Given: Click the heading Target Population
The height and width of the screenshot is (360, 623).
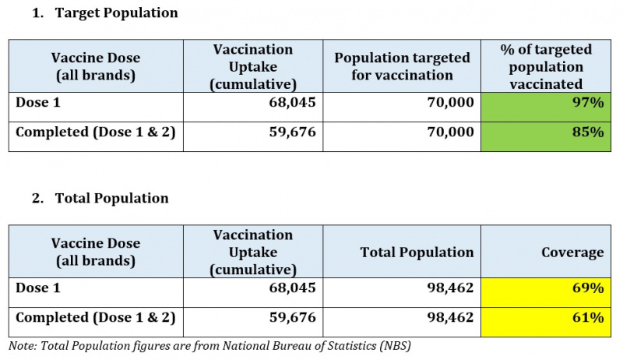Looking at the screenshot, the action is tap(116, 12).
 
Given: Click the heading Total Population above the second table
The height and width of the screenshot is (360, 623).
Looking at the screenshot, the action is tap(111, 198).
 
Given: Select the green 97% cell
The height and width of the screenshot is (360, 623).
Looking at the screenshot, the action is tap(546, 107).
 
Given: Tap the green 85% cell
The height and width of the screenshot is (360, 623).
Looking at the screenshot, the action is tap(546, 136).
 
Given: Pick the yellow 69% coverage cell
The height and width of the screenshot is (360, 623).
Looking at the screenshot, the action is tap(546, 292).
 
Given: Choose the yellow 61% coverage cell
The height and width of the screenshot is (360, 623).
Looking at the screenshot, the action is tap(546, 323).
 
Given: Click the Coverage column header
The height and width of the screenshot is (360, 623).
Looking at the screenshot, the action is tap(572, 252).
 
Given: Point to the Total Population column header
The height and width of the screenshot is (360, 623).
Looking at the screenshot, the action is tap(417, 252).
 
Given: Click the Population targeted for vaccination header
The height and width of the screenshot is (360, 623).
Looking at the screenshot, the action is tap(402, 66).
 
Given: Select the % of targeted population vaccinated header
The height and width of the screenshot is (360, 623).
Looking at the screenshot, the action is tap(546, 66).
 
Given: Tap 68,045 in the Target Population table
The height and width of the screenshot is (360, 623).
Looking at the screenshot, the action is tap(293, 103).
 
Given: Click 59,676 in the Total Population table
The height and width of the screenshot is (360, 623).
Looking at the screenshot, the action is tap(293, 317).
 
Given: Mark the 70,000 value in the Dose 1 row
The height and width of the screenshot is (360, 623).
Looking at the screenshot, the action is tap(451, 103).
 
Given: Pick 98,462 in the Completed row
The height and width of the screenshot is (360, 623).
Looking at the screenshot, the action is tap(451, 317).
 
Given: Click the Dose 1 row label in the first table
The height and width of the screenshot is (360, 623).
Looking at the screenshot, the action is tap(38, 103).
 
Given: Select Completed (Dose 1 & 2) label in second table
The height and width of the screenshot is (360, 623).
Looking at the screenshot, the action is tap(95, 318).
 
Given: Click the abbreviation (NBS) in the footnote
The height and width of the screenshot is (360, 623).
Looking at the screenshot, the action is tap(395, 346).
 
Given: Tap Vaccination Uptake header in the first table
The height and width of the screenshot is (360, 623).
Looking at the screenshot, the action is tap(253, 66).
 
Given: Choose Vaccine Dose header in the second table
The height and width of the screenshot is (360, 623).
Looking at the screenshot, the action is tap(96, 252).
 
